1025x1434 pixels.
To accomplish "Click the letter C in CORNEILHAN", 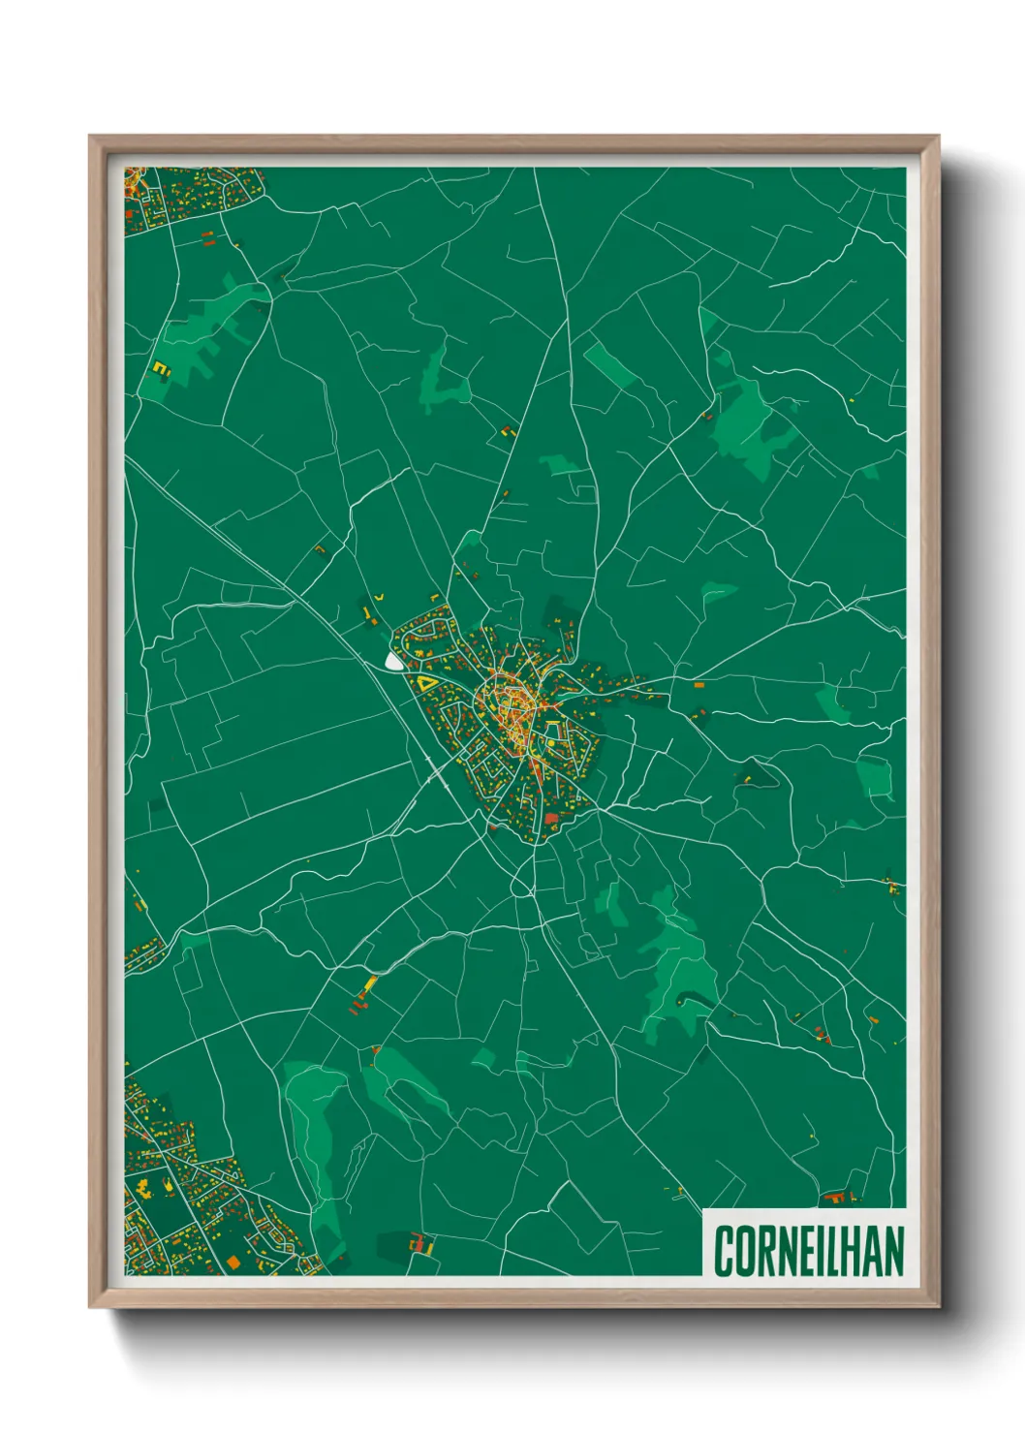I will coord(724,1252).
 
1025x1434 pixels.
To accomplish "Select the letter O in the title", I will coord(744,1252).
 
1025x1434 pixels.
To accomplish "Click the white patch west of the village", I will coord(393,662).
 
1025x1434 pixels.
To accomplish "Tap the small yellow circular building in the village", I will coord(549,743).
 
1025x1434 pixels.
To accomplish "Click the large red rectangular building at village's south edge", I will coord(551,819).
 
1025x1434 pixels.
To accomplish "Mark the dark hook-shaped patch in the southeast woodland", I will coord(689,998).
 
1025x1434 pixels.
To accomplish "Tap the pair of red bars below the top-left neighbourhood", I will coord(205,237).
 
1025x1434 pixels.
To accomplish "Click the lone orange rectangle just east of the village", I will coord(699,685).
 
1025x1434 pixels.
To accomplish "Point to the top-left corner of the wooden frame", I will coord(90,137).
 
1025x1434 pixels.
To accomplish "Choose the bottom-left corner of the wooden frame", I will coord(90,1307).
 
